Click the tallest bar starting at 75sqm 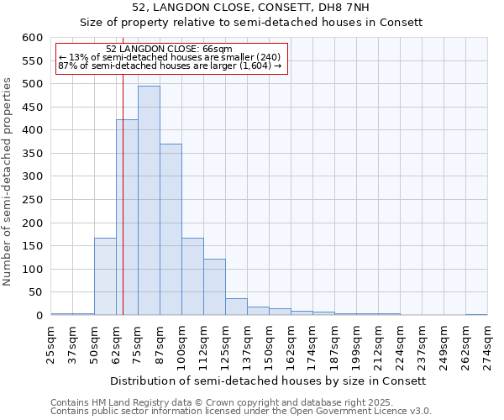coord(149,202)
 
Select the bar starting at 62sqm coord(127,218)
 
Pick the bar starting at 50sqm coord(105,276)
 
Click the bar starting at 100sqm coord(192,276)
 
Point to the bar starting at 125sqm coord(236,307)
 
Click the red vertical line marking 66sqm coord(123,210)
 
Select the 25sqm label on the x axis coord(50,344)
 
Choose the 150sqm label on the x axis coord(269,344)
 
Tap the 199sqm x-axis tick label coord(356,344)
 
